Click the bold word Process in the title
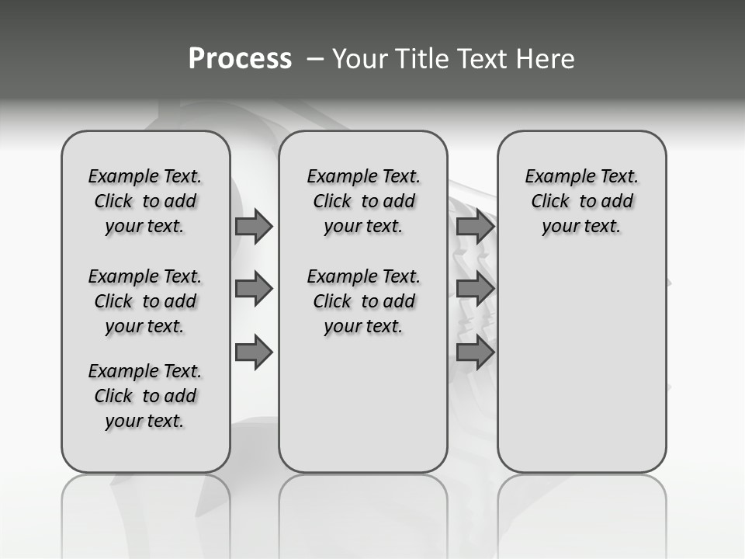(x=240, y=59)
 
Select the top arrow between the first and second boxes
(x=254, y=226)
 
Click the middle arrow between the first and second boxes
(x=254, y=289)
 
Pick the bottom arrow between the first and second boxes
(x=254, y=352)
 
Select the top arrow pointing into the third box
(x=475, y=226)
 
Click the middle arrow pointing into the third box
(x=475, y=289)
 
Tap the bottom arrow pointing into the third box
(x=475, y=352)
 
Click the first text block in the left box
(x=145, y=201)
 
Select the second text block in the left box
(x=145, y=301)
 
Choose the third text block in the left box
(x=145, y=396)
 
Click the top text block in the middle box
(x=363, y=201)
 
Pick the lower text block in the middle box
(x=363, y=301)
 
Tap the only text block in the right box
(x=581, y=201)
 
